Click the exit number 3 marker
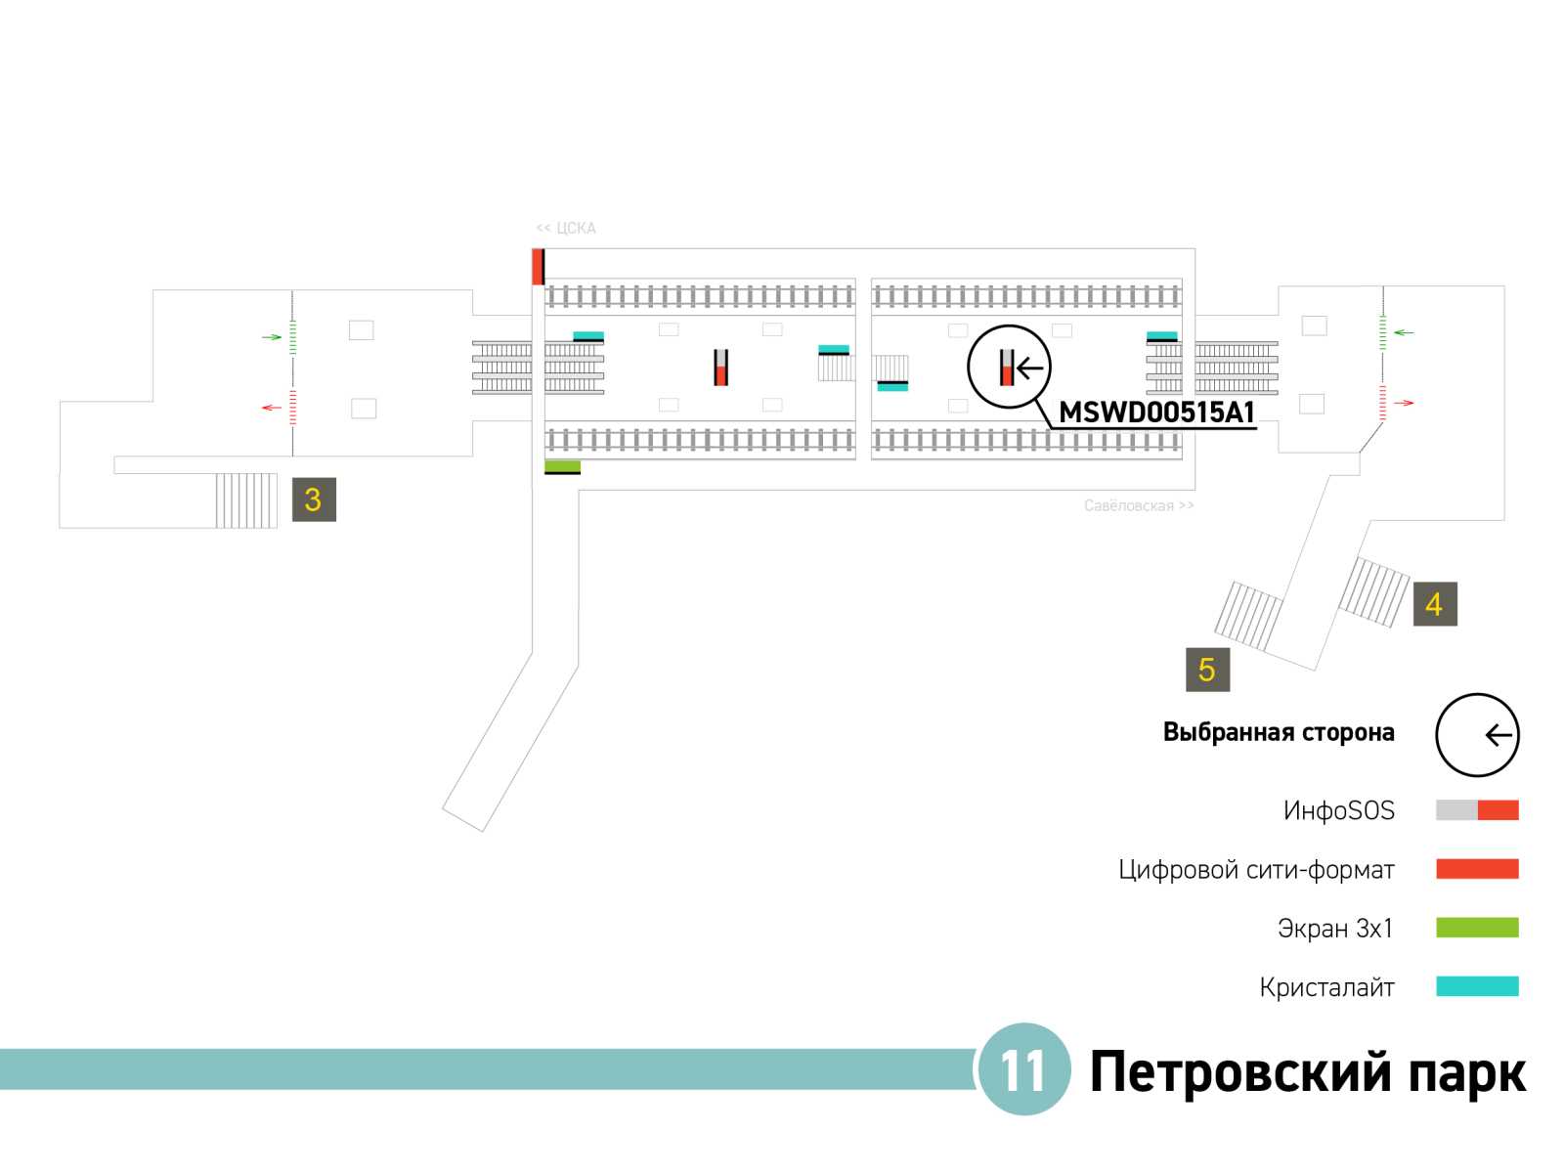[x=314, y=500]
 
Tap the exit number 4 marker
[x=1434, y=604]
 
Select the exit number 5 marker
[x=1207, y=670]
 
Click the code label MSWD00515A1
[x=1156, y=413]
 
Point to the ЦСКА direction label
[x=566, y=228]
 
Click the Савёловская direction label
[x=1138, y=505]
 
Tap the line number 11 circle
[x=1023, y=1070]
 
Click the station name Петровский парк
[x=1307, y=1072]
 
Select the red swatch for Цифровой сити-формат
[x=1476, y=869]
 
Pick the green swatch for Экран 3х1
[x=1476, y=928]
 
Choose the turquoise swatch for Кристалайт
[x=1476, y=986]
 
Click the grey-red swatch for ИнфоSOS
[x=1476, y=810]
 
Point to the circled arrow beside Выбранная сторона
[x=1477, y=735]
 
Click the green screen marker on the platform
[x=562, y=466]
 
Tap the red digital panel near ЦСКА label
[x=537, y=267]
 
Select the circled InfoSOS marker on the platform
[x=1008, y=368]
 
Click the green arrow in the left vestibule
[x=272, y=337]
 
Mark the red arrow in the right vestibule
[x=1404, y=403]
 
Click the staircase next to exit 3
[x=245, y=500]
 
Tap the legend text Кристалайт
[x=1326, y=987]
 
